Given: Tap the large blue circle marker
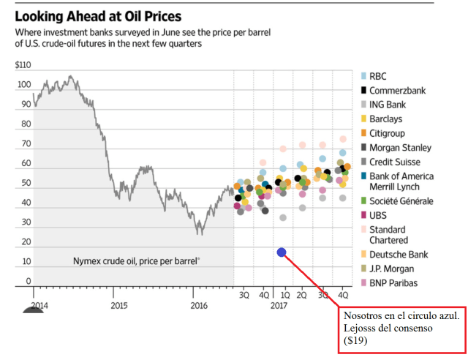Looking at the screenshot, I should [x=282, y=252].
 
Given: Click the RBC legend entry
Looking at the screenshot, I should [x=379, y=76].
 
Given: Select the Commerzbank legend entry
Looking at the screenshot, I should [x=397, y=91].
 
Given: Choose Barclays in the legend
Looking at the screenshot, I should [x=385, y=119].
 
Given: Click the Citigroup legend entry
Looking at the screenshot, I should [x=388, y=133].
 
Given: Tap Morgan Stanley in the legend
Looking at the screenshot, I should [x=400, y=147].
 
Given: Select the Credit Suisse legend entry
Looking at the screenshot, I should [x=396, y=161].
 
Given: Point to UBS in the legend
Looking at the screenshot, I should [x=379, y=215].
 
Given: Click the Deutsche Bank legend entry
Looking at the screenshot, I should [x=399, y=255].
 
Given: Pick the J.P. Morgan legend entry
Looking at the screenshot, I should [x=392, y=269].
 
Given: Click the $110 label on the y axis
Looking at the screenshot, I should [x=23, y=65].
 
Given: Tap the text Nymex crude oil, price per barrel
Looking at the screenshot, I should [x=137, y=261].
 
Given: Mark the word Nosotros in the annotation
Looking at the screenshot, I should [x=362, y=315].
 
